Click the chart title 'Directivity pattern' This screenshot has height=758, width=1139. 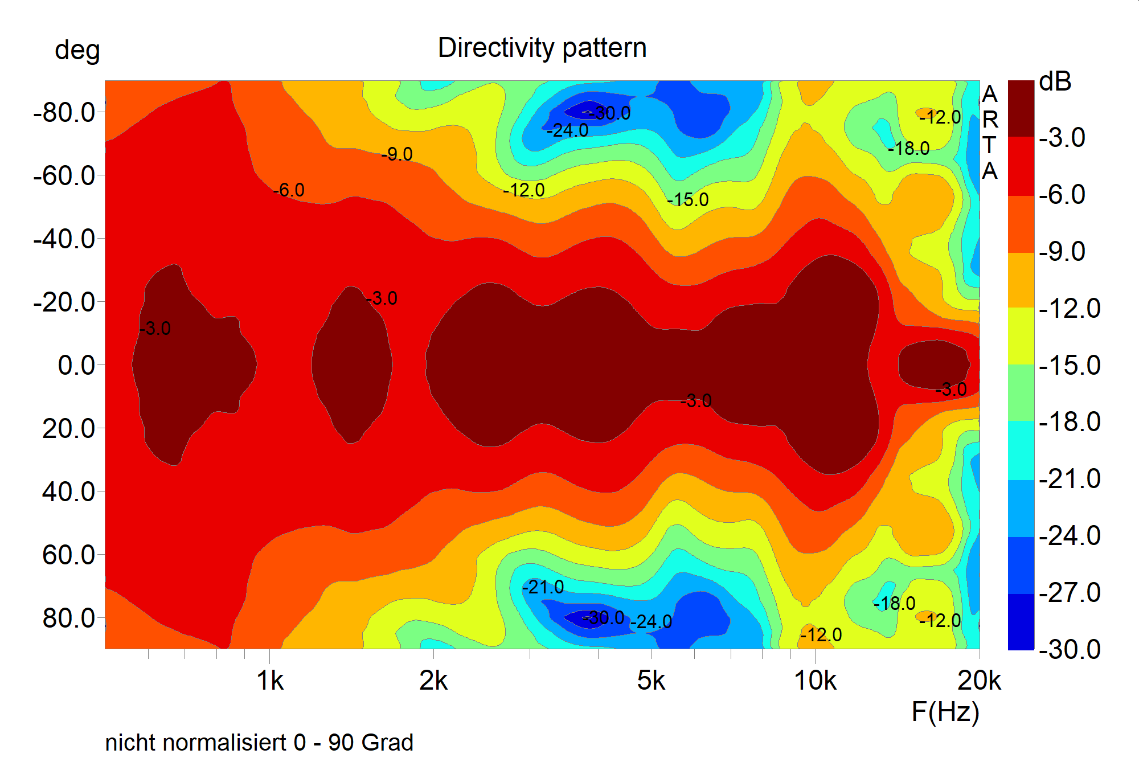coord(542,48)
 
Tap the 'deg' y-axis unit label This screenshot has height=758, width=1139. coord(77,51)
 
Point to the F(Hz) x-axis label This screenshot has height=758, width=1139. coord(945,712)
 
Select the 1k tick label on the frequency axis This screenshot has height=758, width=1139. coord(269,681)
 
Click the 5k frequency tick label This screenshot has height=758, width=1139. coord(651,681)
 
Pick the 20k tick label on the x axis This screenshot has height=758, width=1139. coord(979,681)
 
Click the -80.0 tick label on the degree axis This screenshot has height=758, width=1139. coord(64,113)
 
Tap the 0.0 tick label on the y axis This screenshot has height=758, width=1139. coord(76,365)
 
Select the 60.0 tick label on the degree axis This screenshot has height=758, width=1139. coord(69,555)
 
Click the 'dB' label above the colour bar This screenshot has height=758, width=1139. coord(1055,82)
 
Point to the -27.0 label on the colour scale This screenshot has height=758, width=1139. coord(1070,592)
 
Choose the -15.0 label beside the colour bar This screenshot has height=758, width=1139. coord(1070,365)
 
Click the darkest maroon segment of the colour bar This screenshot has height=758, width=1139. coord(1021,108)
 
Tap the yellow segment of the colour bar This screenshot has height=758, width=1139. coord(1021,336)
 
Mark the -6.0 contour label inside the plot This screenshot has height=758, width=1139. coord(289,190)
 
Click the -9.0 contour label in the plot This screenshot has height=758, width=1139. coord(397,154)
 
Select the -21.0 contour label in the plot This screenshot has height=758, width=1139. coord(543,587)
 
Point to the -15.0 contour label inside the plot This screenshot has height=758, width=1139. coord(688,200)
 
